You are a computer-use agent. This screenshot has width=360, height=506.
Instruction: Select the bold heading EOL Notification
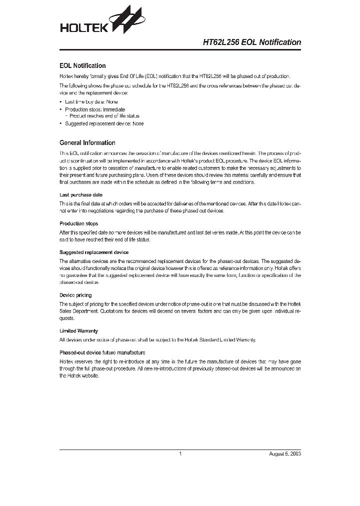[82, 65]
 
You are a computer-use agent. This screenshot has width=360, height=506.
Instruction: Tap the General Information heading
[87, 142]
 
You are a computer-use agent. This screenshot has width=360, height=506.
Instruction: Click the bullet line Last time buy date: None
[91, 101]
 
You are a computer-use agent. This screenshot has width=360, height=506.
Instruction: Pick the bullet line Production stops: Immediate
[95, 109]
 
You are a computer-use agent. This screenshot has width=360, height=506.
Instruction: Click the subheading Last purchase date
[81, 195]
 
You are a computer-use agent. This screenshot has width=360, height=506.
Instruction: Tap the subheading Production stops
[79, 223]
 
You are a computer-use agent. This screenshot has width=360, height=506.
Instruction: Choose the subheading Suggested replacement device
[94, 252]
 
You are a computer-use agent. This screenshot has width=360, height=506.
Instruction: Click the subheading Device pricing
[75, 295]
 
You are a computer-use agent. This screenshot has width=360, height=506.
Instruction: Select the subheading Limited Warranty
[78, 331]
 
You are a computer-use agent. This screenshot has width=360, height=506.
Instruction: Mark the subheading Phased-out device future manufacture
[102, 352]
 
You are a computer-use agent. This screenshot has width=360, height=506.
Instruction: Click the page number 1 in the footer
[180, 454]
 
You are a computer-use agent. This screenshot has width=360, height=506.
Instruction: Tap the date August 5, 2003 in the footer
[285, 454]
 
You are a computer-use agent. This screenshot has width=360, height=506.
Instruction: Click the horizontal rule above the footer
[180, 449]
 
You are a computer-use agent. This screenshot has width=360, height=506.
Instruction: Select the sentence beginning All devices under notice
[158, 339]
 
